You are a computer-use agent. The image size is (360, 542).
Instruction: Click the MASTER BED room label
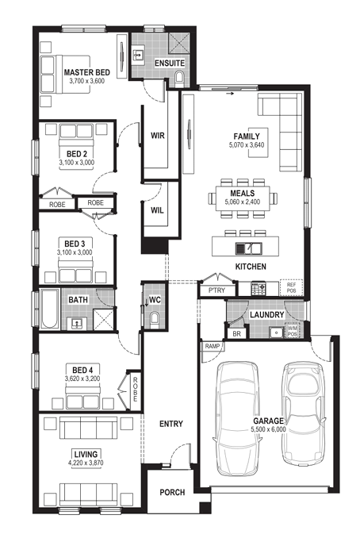coord(87,72)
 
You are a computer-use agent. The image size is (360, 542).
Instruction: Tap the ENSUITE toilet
coord(180,78)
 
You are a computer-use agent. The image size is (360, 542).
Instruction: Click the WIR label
coord(158,136)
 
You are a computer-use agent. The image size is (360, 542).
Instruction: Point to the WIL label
coord(157,210)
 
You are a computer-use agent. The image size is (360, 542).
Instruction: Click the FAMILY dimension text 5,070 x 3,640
coord(247,145)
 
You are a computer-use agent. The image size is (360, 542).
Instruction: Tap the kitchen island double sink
coord(249,248)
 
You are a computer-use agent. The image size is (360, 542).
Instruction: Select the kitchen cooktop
coord(259,288)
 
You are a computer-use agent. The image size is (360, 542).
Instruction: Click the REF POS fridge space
coord(291,287)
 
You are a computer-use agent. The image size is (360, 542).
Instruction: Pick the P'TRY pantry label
coord(216,290)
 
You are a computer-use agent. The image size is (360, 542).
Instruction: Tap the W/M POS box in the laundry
coord(293,331)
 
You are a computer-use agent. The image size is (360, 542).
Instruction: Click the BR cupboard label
coord(236,334)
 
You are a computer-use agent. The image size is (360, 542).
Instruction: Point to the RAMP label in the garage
coord(213,346)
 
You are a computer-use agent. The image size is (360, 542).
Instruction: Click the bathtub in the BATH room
coord(49,309)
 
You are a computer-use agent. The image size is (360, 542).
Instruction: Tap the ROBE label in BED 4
coord(135,389)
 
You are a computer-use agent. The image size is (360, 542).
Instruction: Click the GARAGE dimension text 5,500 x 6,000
coord(269,429)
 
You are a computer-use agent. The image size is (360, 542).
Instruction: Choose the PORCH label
coord(172,492)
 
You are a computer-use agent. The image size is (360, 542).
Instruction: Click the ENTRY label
coord(171,424)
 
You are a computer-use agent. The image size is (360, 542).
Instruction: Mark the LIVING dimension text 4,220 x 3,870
coord(86,463)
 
